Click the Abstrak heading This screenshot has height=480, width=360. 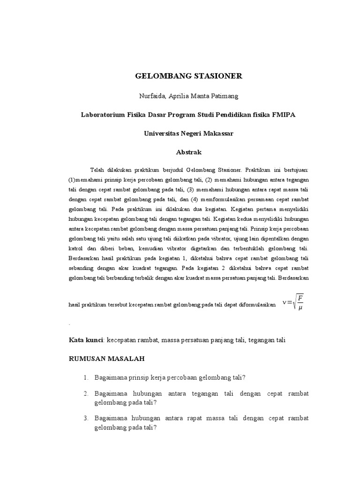pos(188,152)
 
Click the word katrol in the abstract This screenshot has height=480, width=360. pos(77,248)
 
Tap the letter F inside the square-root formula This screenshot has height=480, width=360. pos(300,299)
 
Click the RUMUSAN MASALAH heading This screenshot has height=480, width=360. pos(107,359)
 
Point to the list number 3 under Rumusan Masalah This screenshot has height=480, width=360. pos(87,418)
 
